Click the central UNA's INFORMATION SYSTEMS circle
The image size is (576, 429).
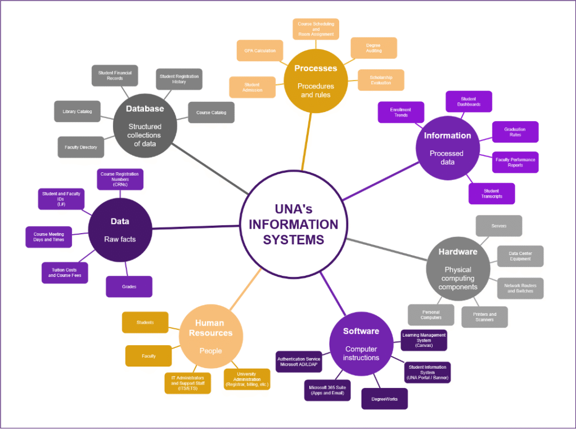tap(293, 224)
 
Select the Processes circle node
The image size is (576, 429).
tap(316, 81)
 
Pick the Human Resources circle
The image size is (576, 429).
tap(211, 336)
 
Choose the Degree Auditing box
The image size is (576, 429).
tap(373, 48)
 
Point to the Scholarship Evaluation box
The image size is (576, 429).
tap(381, 80)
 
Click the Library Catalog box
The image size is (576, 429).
tap(77, 111)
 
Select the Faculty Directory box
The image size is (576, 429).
tap(80, 147)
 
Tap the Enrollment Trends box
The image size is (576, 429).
tap(400, 112)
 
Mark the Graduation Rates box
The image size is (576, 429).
tap(515, 132)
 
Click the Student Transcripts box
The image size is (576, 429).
tap(492, 193)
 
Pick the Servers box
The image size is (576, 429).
tap(498, 226)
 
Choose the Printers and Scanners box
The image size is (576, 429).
tap(484, 317)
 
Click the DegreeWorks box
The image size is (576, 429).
tap(384, 399)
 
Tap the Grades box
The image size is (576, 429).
tap(129, 287)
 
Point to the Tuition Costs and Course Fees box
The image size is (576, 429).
tap(65, 272)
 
